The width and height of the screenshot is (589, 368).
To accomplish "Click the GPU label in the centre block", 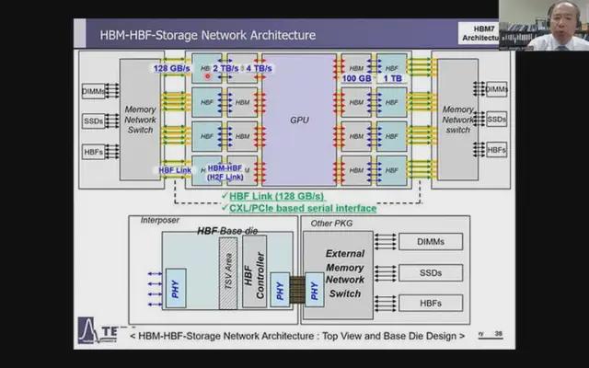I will pos(300,120).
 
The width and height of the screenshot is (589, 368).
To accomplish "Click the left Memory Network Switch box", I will pos(140,120).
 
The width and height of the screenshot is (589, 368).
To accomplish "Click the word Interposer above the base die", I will pos(157,222).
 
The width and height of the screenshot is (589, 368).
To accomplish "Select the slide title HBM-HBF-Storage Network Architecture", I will pos(207,35).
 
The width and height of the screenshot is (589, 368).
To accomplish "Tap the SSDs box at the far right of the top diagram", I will pos(496,120).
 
